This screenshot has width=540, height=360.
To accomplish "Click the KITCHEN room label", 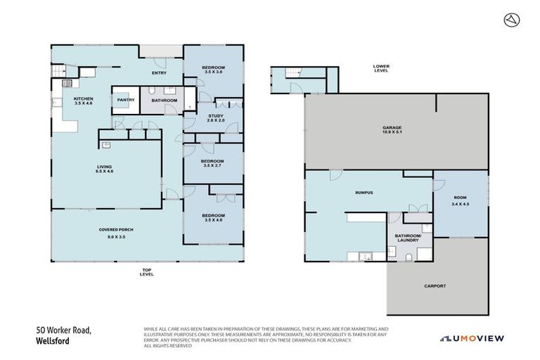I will coord(84,98).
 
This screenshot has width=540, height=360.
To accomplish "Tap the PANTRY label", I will coord(126,100).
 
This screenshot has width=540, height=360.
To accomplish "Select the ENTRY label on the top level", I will coord(160,73).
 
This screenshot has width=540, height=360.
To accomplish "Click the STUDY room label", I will coord(215,116).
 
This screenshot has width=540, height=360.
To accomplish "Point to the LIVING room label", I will coord(105,167).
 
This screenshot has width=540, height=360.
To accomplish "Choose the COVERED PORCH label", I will coord(116,230).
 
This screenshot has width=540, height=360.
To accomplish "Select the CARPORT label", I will coord(435,286).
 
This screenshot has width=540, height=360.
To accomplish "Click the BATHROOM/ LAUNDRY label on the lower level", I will coord(409,238).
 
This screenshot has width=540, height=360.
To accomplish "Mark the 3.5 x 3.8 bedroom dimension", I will coord(213,72).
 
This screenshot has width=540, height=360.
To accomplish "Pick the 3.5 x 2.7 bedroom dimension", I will coord(213,166).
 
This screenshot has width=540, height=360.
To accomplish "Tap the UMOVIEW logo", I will coord(472,338).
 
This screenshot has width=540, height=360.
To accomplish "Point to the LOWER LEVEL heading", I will coord(381,69).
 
